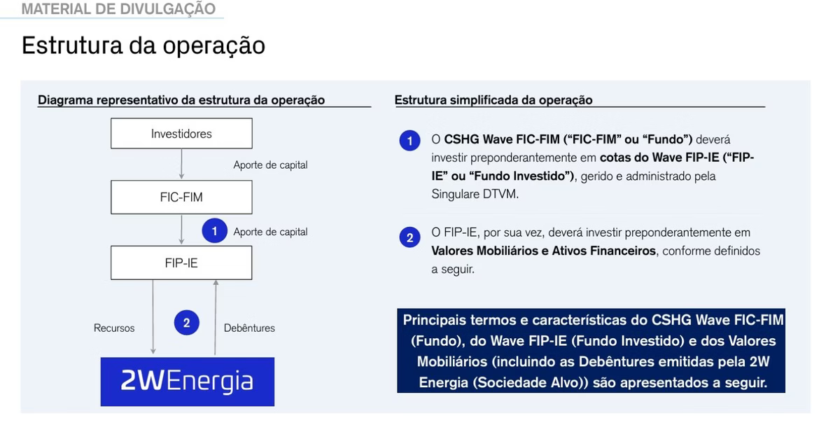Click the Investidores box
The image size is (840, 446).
pos(181,134)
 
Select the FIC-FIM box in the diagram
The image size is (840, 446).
pos(181,197)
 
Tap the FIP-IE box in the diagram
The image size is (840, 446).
pos(181,263)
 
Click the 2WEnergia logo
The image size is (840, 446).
pos(188,382)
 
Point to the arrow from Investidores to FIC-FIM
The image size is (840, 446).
pos(181,164)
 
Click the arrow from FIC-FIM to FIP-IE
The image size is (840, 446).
pos(181,230)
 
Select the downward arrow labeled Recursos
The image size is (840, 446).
pos(153,317)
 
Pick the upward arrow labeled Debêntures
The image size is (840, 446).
pos(216,317)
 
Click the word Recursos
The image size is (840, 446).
pos(114,328)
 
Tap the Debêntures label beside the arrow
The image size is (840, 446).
pos(249,328)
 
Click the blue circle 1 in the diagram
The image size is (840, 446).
pos(214,230)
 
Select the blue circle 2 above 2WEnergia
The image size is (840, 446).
pos(187,323)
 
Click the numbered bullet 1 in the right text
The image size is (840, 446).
pos(410,141)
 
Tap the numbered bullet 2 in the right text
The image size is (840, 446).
pos(410,237)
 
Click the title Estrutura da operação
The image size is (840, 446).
pos(143,46)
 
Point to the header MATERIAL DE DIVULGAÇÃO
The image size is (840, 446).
pos(118,8)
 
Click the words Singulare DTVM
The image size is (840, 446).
pos(475,195)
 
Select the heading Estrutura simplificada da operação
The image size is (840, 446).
pos(493,100)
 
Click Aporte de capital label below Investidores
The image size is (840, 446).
pos(270,165)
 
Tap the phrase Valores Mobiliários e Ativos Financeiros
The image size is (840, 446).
pos(543,251)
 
